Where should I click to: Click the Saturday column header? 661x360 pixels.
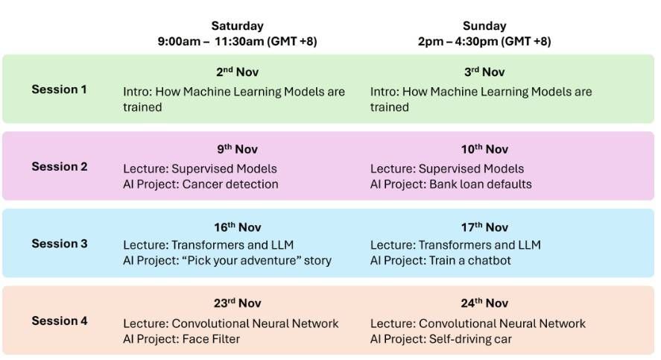pos(237,25)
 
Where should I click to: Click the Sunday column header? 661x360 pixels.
pos(484,25)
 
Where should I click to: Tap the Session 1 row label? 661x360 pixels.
pos(59,89)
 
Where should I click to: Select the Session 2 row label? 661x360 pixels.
pos(60,166)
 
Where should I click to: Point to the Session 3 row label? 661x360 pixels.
pos(60,244)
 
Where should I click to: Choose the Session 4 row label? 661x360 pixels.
pos(60,320)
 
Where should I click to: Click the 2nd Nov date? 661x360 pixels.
pos(237,72)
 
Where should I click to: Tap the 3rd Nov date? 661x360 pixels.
pos(484,72)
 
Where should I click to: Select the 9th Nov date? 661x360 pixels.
pos(237,149)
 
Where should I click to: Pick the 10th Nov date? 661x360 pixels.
pos(484,149)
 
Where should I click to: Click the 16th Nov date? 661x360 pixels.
pos(237,227)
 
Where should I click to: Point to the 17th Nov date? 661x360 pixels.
pos(484,227)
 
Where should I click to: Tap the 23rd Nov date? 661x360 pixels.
pos(237,303)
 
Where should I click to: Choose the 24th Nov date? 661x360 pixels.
pos(484,303)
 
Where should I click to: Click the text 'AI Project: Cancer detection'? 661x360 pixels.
pos(200,184)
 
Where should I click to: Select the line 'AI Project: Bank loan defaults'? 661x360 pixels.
pos(451,184)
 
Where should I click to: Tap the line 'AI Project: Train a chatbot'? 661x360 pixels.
pos(440,261)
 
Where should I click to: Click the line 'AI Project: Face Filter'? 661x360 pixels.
pos(181,339)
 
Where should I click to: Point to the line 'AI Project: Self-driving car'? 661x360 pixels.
pos(441,339)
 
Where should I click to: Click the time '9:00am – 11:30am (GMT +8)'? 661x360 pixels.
pos(237,41)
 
